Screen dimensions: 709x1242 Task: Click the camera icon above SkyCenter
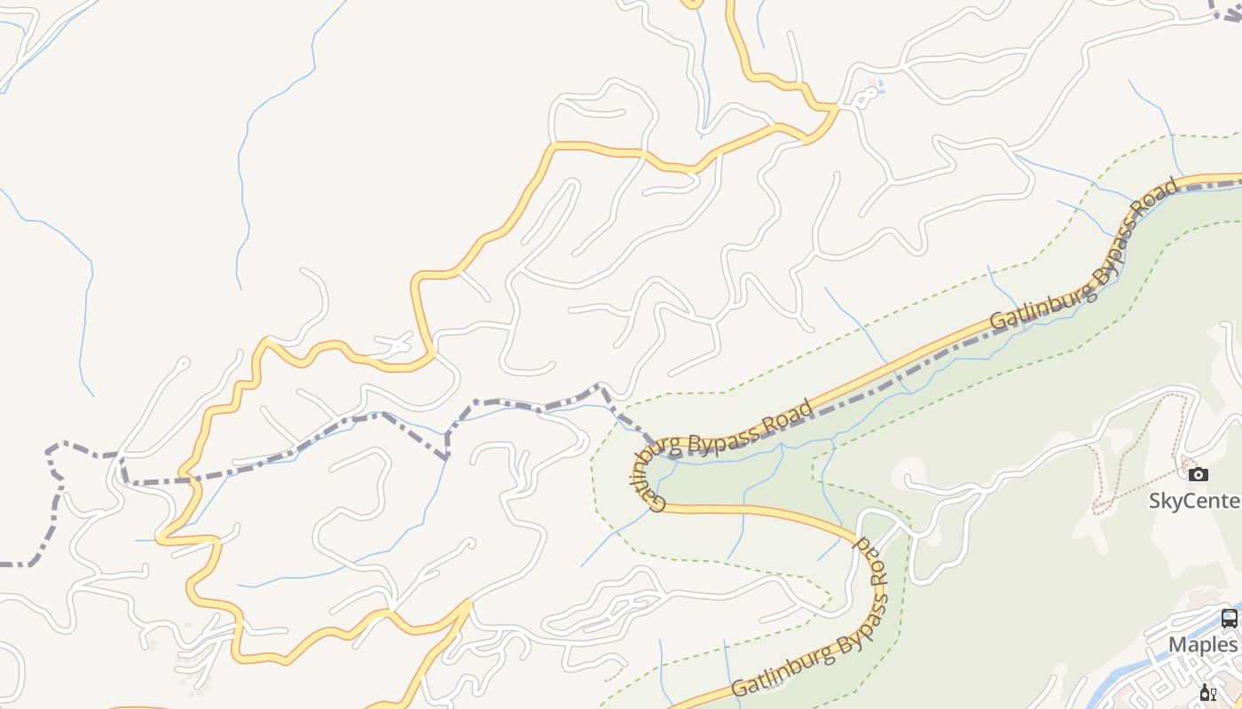click(x=1199, y=475)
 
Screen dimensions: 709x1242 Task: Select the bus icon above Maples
click(x=1229, y=619)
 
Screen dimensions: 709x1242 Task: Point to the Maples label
click(x=1203, y=644)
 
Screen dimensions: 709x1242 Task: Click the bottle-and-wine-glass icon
click(x=1207, y=693)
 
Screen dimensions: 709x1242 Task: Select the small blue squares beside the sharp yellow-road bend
click(x=877, y=88)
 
